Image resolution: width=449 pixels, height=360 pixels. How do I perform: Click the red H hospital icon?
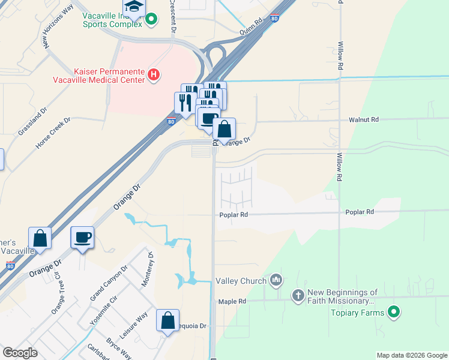point(154,74)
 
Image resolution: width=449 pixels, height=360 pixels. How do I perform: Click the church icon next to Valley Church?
point(276,279)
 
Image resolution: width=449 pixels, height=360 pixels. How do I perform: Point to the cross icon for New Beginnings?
point(298,296)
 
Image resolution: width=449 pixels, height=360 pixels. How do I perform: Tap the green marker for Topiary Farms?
point(394,312)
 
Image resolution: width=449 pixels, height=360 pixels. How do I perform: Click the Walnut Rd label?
point(364,120)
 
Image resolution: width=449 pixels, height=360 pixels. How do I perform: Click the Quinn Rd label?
point(251,29)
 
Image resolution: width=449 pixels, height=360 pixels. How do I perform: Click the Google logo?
point(20,353)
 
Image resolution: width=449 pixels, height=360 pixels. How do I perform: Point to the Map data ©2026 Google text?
point(412,355)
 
